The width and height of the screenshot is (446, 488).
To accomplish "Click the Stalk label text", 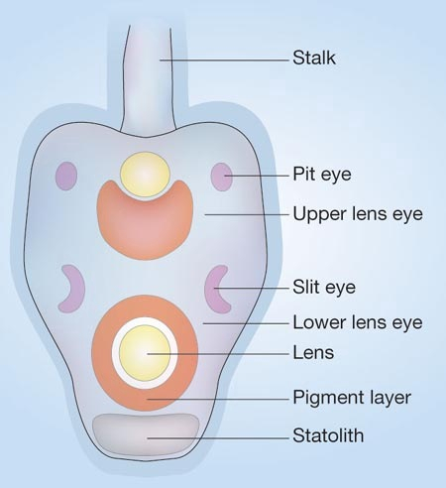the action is pos(314,58).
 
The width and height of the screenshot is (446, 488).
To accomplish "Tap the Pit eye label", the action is pos(322,175).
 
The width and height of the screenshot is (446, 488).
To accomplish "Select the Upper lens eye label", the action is pos(358,214).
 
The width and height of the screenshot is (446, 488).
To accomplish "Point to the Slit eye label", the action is pos(324,287).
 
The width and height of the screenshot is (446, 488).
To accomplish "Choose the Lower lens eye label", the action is pos(358,322).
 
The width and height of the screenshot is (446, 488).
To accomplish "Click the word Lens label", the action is pos(313,352).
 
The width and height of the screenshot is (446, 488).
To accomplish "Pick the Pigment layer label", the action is pos(352,398).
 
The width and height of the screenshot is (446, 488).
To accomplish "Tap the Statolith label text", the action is pos(328,435).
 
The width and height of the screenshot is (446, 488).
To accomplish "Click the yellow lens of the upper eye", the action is pos(145,175).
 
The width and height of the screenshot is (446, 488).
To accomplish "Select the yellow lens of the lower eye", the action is pos(145,353).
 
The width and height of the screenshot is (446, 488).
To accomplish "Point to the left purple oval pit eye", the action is pos(66,176).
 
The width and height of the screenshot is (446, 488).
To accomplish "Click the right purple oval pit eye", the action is pos(221,177).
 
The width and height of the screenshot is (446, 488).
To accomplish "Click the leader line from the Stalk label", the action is pos(224,61).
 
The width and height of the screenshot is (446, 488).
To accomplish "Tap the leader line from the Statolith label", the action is pos(218,438).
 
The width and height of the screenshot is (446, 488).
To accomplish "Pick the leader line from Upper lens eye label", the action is pos(247,214).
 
